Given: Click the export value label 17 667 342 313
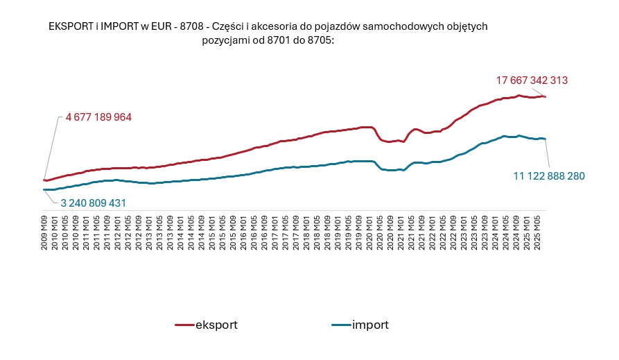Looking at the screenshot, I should pyautogui.click(x=532, y=80).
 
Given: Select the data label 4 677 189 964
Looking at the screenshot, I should pyautogui.click(x=98, y=117).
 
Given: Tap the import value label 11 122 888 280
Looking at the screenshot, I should pyautogui.click(x=549, y=176).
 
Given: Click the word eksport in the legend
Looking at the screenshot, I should pyautogui.click(x=217, y=325).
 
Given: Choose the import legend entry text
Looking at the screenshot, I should pyautogui.click(x=370, y=325).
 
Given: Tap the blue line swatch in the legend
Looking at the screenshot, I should pyautogui.click(x=340, y=325).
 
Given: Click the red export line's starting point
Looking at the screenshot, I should pyautogui.click(x=44, y=180).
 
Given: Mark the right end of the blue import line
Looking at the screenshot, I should pyautogui.click(x=546, y=139).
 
